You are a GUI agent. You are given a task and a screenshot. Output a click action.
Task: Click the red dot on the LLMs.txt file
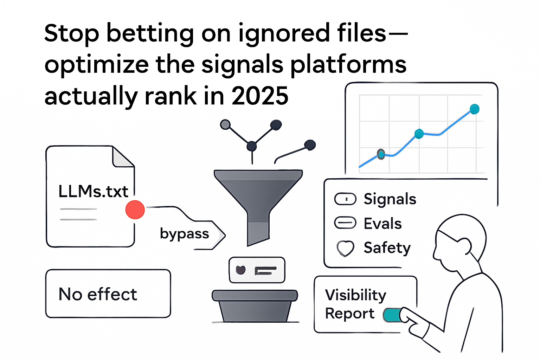click(x=135, y=210)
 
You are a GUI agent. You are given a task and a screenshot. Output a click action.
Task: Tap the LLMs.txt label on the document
click(x=93, y=192)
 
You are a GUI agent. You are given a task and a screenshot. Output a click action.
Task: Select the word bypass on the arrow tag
click(x=184, y=234)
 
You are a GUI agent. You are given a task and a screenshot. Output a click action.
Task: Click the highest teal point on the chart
click(x=474, y=109)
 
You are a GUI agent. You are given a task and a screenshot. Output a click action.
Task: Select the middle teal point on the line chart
click(x=419, y=134)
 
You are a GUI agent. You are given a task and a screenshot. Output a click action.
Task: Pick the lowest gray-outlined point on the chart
click(x=381, y=154)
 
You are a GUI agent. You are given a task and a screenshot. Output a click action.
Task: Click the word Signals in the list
click(x=390, y=199)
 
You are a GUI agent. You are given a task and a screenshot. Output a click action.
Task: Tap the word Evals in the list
click(x=382, y=224)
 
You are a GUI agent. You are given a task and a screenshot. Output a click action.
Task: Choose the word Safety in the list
click(x=387, y=248)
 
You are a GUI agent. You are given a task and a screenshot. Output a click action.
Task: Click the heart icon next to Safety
click(x=345, y=248)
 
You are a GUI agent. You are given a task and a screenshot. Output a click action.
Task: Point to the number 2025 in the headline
click(x=260, y=96)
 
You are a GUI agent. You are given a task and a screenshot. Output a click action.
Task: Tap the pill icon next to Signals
click(x=345, y=199)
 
